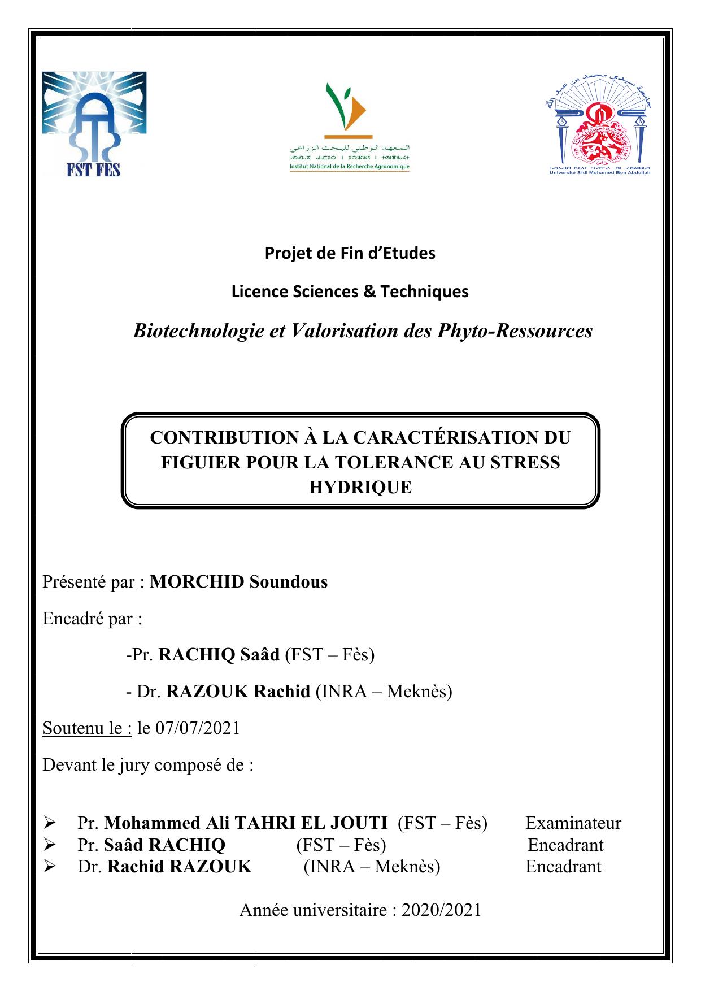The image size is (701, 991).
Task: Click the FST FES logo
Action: [94, 124]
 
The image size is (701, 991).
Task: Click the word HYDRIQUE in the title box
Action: [360, 487]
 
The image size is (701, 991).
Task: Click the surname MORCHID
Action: [197, 581]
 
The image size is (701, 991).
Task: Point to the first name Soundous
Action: [289, 581]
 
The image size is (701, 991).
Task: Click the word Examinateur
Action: [573, 823]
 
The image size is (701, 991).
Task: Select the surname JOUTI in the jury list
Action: [357, 823]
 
